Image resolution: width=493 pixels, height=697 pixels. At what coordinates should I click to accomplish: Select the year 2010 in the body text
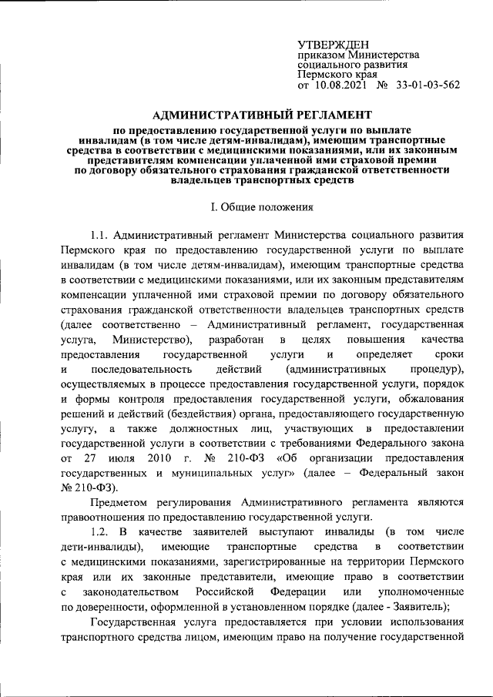[157, 459]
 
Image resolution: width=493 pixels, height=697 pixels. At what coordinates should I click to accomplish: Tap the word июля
[113, 459]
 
